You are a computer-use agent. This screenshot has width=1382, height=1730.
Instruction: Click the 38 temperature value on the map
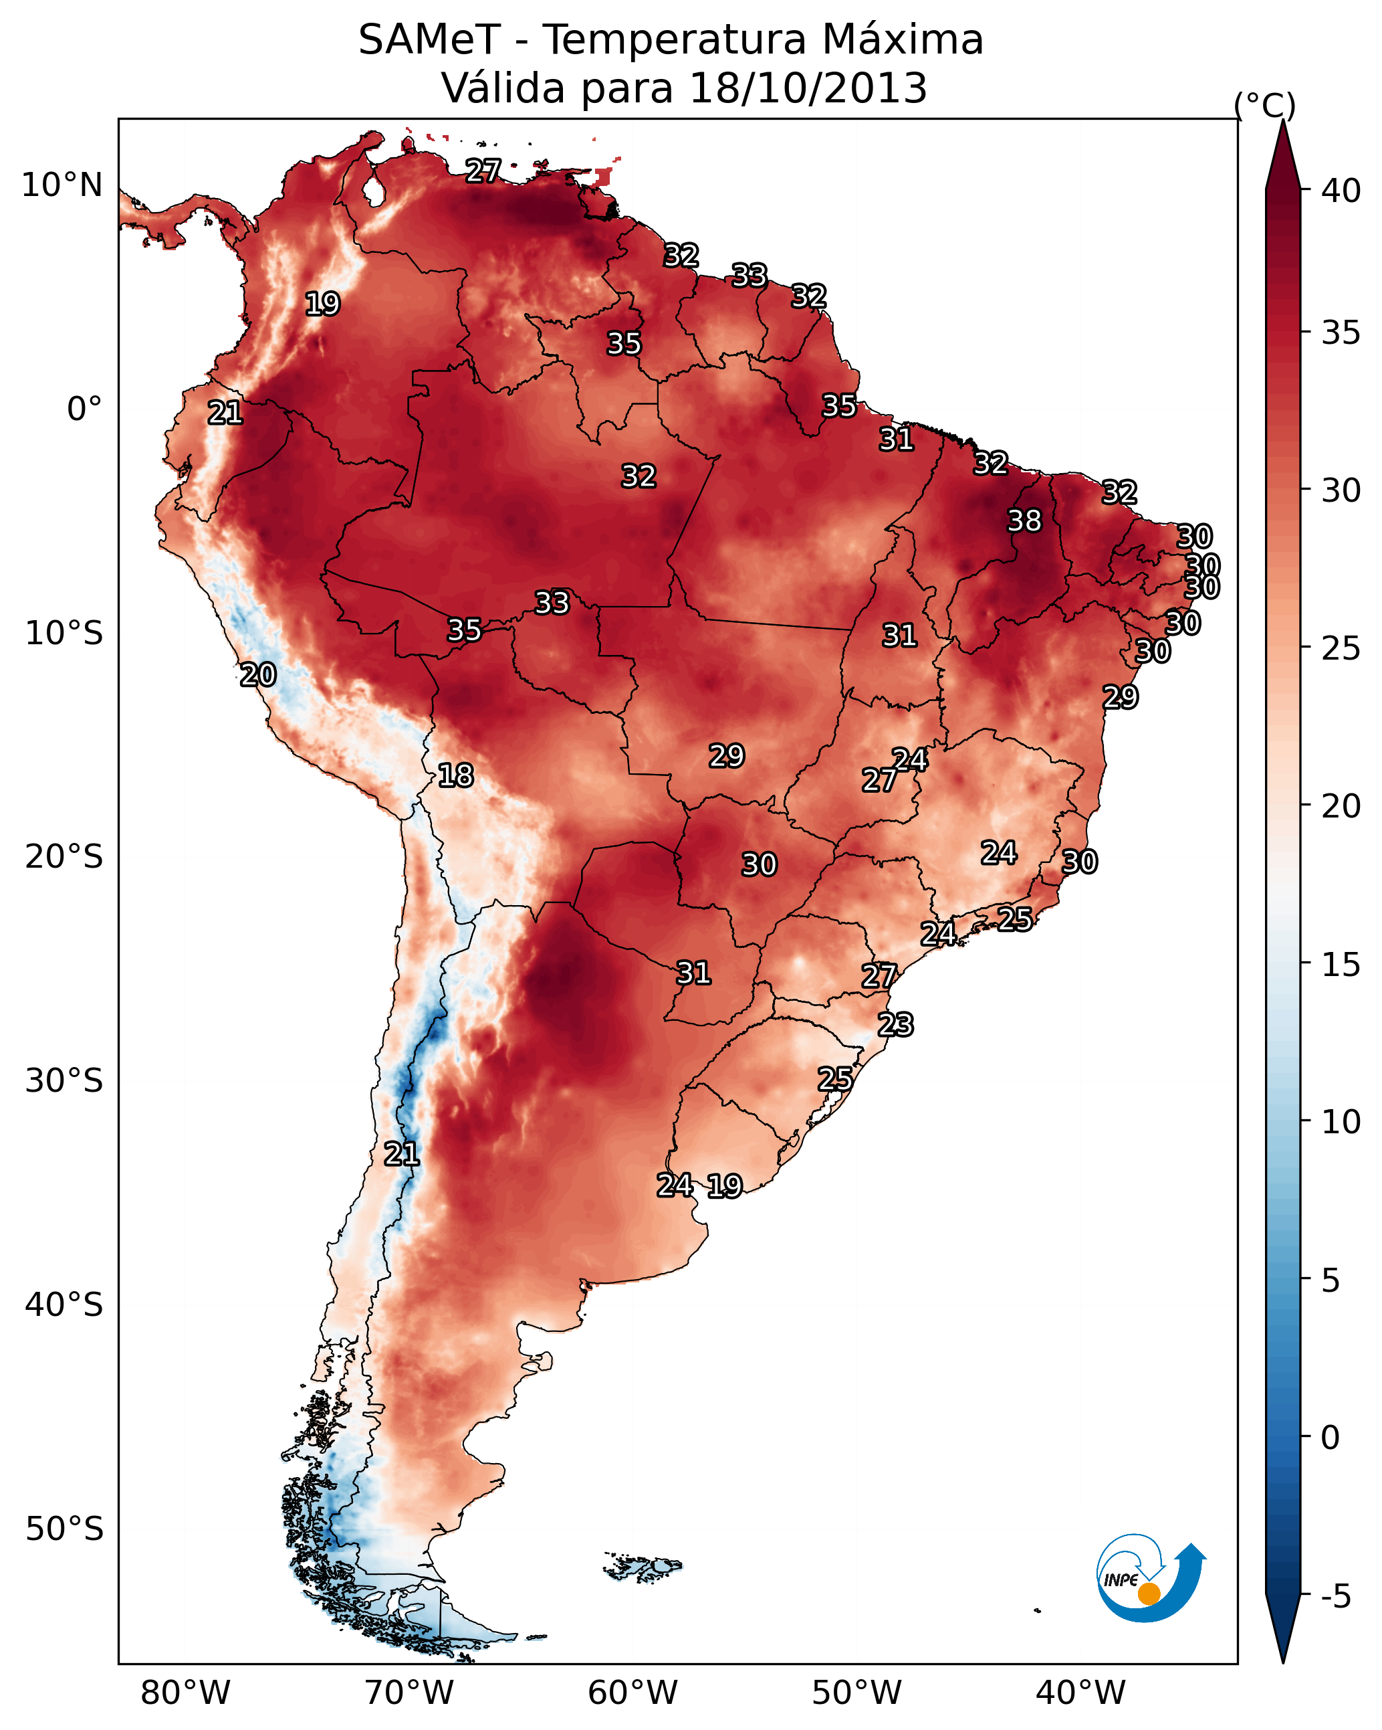pos(1024,520)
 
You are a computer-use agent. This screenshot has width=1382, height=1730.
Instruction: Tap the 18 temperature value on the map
pos(455,775)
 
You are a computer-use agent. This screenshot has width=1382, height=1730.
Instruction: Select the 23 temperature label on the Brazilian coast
pos(895,1025)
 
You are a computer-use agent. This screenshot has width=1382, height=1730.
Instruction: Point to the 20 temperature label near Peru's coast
pos(258,675)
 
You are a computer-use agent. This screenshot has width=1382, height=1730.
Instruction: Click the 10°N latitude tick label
pos(62,185)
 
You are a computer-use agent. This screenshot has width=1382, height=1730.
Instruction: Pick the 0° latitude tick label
pos(85,409)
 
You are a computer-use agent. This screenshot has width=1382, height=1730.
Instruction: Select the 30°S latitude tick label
pos(64,1081)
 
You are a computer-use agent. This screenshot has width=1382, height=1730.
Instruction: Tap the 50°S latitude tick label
pos(64,1529)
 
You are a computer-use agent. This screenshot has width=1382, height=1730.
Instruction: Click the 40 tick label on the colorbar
pos(1341,191)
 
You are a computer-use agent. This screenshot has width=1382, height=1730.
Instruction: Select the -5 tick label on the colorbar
pos(1335,1597)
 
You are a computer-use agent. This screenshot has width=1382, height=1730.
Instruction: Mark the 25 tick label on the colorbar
pos(1341,648)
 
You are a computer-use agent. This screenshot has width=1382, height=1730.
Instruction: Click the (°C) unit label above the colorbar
pos(1265,105)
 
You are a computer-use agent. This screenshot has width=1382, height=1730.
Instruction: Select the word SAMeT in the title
pos(429,40)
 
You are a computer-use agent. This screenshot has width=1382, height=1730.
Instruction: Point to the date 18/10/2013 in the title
pos(808,88)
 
